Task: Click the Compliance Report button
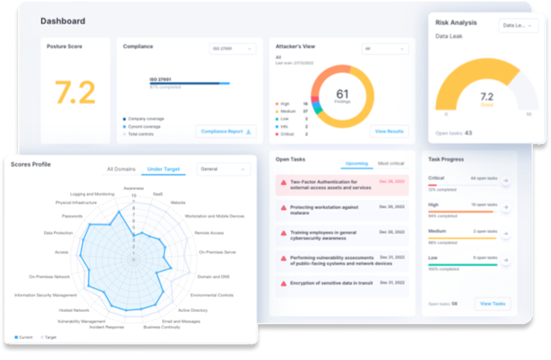click(226, 132)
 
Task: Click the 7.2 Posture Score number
click(75, 93)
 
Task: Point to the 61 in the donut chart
click(342, 95)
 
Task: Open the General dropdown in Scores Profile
click(223, 169)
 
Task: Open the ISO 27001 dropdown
click(232, 49)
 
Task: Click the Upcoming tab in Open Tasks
click(357, 163)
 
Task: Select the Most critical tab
click(392, 163)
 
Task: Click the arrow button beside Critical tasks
click(505, 182)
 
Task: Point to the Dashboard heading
click(63, 20)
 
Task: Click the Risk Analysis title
click(457, 23)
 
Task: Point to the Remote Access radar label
click(210, 233)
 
